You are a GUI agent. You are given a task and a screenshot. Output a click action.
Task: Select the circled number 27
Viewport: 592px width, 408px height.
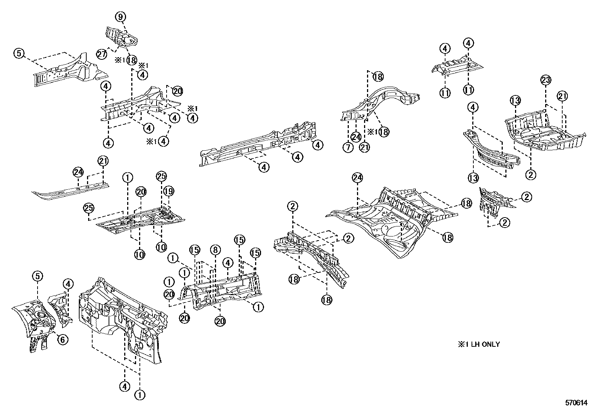pos(102,54)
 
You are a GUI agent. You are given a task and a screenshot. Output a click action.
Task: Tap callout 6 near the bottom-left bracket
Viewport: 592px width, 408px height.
pos(62,339)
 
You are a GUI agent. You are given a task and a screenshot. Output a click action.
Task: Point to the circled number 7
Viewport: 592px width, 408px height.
pos(348,147)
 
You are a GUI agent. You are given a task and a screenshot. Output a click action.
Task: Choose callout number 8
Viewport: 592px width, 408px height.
pos(215,249)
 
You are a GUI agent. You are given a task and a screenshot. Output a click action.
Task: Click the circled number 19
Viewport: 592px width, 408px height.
pos(168,191)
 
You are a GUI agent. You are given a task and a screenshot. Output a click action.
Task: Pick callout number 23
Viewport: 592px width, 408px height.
pos(546,80)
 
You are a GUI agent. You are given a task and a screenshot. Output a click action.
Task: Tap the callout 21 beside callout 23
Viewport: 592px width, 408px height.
pos(563,96)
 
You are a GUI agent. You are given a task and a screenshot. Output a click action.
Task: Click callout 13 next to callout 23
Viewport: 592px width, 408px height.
pos(515,101)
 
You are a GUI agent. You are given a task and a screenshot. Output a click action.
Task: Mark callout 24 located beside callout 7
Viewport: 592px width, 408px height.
pos(356,137)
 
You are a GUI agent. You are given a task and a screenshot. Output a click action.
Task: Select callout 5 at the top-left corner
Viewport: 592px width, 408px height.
pos(19,53)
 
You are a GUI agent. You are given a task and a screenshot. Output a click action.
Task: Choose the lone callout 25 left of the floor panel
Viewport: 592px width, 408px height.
pos(89,209)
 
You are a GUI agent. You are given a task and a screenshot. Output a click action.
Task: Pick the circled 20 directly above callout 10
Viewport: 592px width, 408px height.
pos(140,192)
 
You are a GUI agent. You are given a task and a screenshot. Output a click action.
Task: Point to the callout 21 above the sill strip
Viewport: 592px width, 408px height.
pos(103,161)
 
